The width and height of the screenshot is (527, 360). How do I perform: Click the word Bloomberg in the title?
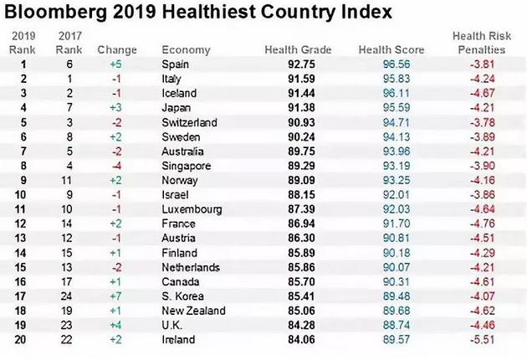tap(54, 14)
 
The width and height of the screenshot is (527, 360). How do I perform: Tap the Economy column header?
tap(186, 50)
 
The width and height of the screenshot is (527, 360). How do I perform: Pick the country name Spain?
tap(175, 64)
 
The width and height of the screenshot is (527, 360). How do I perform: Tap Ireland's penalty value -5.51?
tap(485, 339)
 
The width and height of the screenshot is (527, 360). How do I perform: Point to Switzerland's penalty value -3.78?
tap(485, 122)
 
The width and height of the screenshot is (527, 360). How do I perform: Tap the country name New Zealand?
tap(194, 311)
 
